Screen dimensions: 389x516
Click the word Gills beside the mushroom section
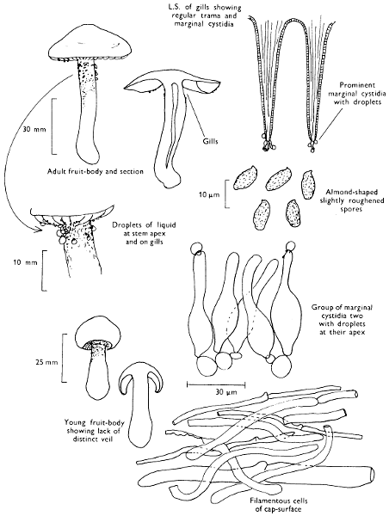(x=210, y=141)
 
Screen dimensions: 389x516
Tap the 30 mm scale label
(x=34, y=129)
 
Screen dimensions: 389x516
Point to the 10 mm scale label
(x=25, y=262)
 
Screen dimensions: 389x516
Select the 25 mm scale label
(x=46, y=362)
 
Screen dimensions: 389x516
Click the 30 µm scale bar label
(x=226, y=391)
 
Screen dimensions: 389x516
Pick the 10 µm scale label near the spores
(x=209, y=194)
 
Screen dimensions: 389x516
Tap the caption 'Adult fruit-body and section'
(x=96, y=171)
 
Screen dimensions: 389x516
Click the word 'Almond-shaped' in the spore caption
(x=352, y=192)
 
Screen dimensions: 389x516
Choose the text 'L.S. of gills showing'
(x=207, y=8)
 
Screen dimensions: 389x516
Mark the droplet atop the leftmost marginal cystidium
(x=197, y=249)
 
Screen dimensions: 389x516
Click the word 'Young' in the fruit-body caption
(x=74, y=422)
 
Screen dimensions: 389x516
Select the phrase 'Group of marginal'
(x=342, y=308)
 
